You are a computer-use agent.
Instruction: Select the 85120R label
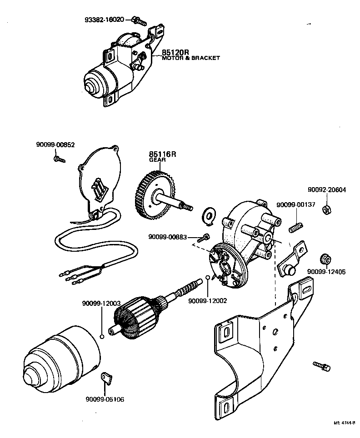pos(175,52)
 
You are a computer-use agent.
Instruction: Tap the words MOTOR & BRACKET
pos(191,58)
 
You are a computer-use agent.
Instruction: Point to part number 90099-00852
pos(55,144)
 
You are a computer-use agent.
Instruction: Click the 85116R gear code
pos(162,154)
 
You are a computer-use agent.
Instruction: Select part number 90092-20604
pos(326,190)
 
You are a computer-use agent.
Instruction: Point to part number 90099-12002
pos(207,300)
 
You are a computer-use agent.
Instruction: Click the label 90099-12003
pos(101,303)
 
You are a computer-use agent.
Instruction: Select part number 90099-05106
pos(105,399)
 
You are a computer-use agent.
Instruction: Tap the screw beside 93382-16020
pos(140,20)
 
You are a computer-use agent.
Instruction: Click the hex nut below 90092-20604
pos(325,209)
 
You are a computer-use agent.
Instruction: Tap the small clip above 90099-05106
pos(106,377)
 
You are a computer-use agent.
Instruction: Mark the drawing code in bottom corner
pos(344,423)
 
